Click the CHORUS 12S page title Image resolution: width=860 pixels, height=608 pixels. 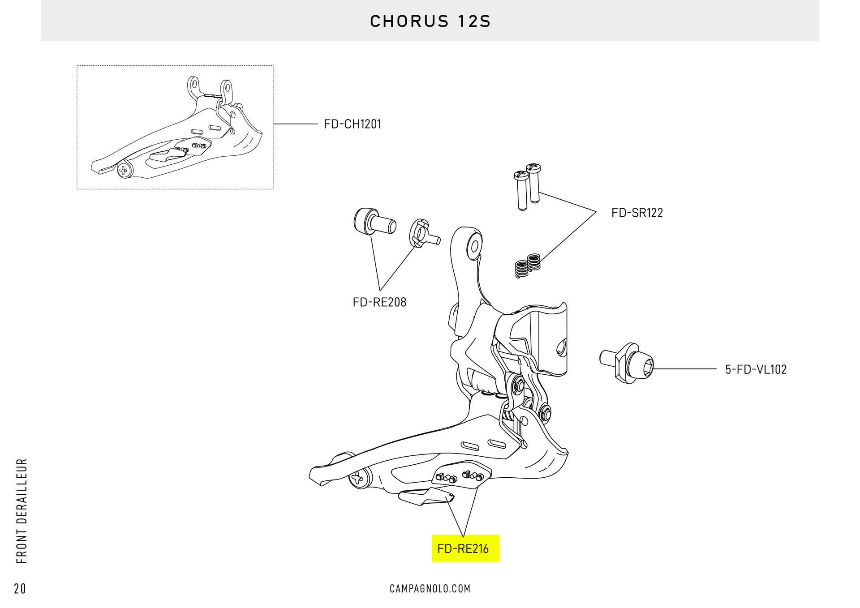click(430, 21)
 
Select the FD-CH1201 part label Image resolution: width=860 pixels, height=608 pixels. click(353, 124)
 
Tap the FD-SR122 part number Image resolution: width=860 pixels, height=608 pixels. click(636, 213)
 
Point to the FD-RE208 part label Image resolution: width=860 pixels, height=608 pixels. click(379, 302)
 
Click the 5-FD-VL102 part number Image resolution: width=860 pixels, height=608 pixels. click(756, 369)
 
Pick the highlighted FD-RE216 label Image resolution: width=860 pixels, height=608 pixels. click(464, 548)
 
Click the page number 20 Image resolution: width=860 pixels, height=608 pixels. click(20, 588)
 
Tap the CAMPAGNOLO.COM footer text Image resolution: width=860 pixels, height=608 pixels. click(430, 588)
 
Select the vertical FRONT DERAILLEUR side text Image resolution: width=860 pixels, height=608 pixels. click(21, 510)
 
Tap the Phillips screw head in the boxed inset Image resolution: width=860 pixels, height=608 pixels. click(124, 170)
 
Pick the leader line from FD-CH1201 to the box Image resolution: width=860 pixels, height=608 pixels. click(296, 124)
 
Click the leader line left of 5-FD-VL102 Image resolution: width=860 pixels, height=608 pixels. click(685, 369)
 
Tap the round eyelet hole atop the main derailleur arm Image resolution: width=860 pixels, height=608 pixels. click(474, 246)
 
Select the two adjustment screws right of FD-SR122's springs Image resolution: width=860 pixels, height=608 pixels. click(528, 186)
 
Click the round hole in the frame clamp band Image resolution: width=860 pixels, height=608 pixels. click(561, 347)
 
